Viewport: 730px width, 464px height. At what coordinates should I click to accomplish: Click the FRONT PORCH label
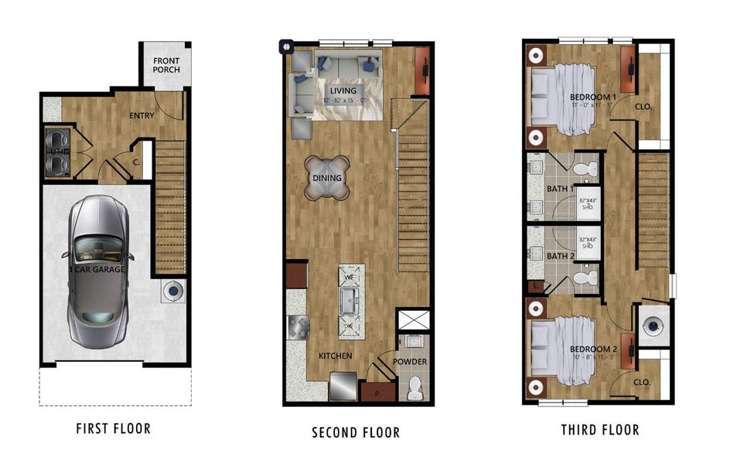[x=166, y=65]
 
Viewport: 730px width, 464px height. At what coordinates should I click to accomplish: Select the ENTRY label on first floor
[x=142, y=116]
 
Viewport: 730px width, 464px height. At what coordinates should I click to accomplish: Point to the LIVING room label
[x=343, y=91]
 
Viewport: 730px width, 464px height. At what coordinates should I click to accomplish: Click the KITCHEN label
[x=336, y=356]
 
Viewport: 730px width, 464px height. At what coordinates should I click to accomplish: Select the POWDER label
[x=409, y=362]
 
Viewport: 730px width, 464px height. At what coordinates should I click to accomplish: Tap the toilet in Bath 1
[x=589, y=165]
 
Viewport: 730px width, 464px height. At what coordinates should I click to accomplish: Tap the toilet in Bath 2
[x=589, y=277]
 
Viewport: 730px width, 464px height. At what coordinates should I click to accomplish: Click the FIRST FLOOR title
[x=113, y=428]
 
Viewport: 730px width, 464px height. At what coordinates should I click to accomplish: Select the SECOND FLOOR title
[x=356, y=432]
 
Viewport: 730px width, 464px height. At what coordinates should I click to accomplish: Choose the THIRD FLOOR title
[x=600, y=430]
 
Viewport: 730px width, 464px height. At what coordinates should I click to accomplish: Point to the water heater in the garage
[x=174, y=292]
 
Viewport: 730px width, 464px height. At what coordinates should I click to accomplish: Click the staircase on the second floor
[x=412, y=186]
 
